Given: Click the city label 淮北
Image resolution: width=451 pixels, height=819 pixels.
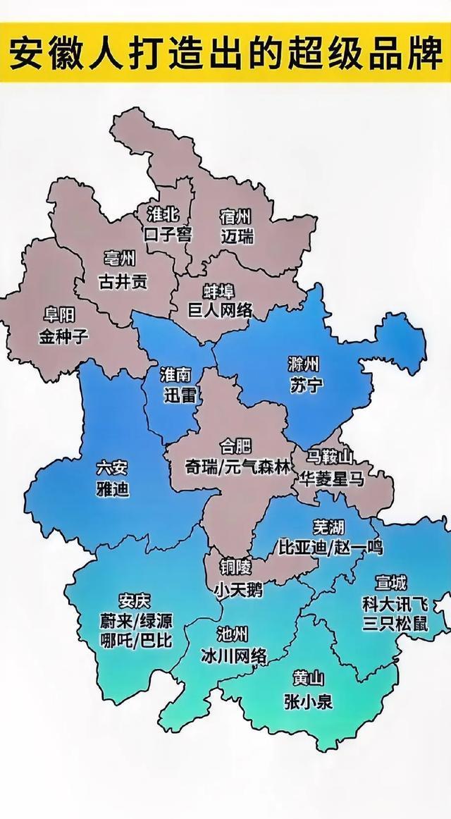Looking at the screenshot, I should (163, 213).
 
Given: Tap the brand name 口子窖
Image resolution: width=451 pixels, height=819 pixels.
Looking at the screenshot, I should (167, 233).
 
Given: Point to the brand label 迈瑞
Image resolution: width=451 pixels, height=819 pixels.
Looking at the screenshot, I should (236, 236).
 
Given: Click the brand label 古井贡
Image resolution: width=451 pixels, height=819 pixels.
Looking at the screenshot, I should (123, 281).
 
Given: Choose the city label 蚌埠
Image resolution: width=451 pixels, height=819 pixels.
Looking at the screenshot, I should (218, 291).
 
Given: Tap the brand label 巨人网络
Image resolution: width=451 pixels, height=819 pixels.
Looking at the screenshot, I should (219, 310).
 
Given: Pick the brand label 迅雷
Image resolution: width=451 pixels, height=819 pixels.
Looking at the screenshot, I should (178, 395).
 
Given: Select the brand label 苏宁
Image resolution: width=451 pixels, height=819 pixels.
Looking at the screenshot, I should (305, 385).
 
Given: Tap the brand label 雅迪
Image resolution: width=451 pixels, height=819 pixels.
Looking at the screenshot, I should (113, 488).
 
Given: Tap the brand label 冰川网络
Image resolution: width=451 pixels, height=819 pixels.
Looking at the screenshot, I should (233, 655).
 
